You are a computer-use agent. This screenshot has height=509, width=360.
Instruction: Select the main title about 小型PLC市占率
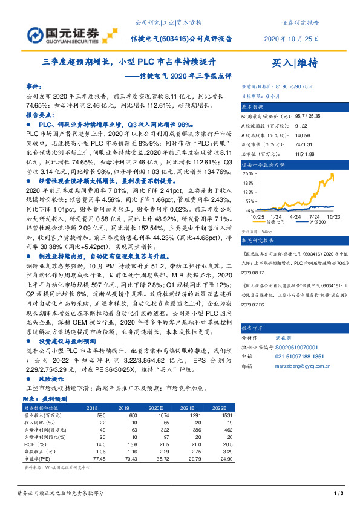click(x=128, y=62)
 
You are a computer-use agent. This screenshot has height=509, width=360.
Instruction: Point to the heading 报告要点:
click(x=39, y=114)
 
